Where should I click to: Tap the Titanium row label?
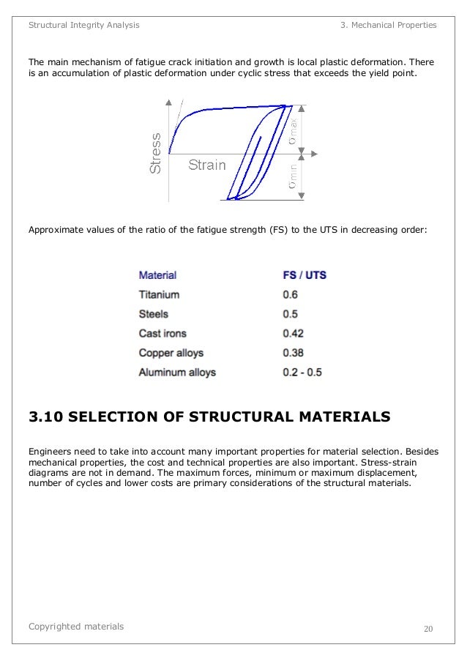click(x=159, y=295)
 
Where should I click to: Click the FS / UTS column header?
click(x=305, y=276)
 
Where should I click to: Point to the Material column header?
click(x=157, y=276)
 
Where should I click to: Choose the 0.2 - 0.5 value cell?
click(x=302, y=373)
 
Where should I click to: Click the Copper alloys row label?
click(x=171, y=353)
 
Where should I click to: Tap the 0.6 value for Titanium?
click(x=291, y=295)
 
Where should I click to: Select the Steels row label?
click(x=154, y=314)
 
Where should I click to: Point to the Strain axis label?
click(x=207, y=165)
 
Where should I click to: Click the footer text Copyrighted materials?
click(x=76, y=627)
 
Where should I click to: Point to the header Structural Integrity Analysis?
click(x=83, y=25)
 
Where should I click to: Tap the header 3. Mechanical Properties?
click(x=389, y=25)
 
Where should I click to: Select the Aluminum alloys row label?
click(x=177, y=373)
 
